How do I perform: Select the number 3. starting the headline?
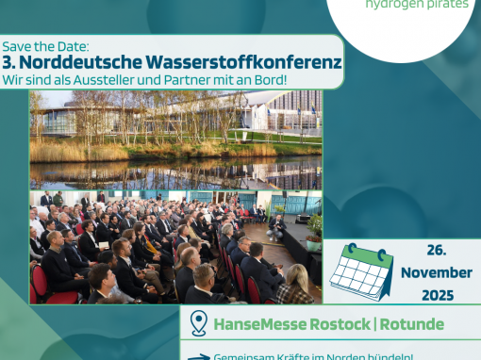pos(14,61)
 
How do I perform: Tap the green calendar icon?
pos(361,271)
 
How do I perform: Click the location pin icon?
pos(199,323)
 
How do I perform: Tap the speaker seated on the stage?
pos(275,226)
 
